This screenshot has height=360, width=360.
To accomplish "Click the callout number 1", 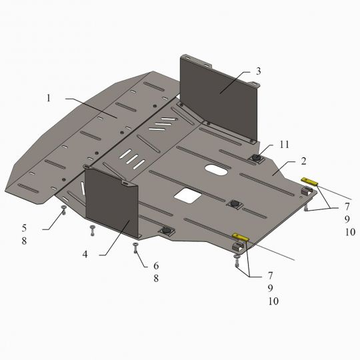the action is (49, 98).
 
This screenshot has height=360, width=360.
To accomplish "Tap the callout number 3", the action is (259, 71).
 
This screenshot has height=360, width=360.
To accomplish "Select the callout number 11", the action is (284, 145).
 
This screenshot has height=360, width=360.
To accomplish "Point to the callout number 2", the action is (303, 161).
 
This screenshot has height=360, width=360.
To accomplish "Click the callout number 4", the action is (85, 254).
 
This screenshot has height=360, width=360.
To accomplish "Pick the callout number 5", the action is (25, 228).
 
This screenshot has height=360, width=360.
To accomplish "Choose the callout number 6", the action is (156, 266).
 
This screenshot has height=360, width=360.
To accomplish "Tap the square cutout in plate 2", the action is (188, 196).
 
